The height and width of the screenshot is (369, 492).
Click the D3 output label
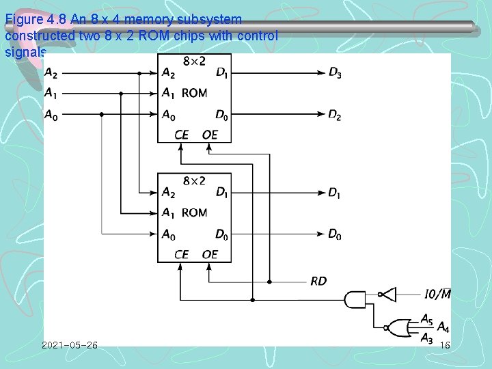334,73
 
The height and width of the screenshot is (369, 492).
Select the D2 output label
334,115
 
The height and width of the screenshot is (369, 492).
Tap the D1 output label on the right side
334,193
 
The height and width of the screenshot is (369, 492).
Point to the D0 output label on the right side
334,234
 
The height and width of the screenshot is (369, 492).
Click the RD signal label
318,281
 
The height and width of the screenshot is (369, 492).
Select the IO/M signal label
437,295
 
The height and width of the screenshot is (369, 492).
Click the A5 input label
427,318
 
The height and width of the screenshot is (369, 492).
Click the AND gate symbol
356,299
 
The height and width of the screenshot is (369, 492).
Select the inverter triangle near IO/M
387,295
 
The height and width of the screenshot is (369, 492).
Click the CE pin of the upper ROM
181,135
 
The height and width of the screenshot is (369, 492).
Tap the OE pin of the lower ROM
210,254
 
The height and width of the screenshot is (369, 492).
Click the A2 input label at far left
51,73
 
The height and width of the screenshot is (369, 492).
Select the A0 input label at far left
51,115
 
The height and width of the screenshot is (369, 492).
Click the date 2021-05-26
69,346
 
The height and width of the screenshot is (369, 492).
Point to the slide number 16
445,346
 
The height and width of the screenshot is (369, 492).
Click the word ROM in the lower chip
195,213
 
